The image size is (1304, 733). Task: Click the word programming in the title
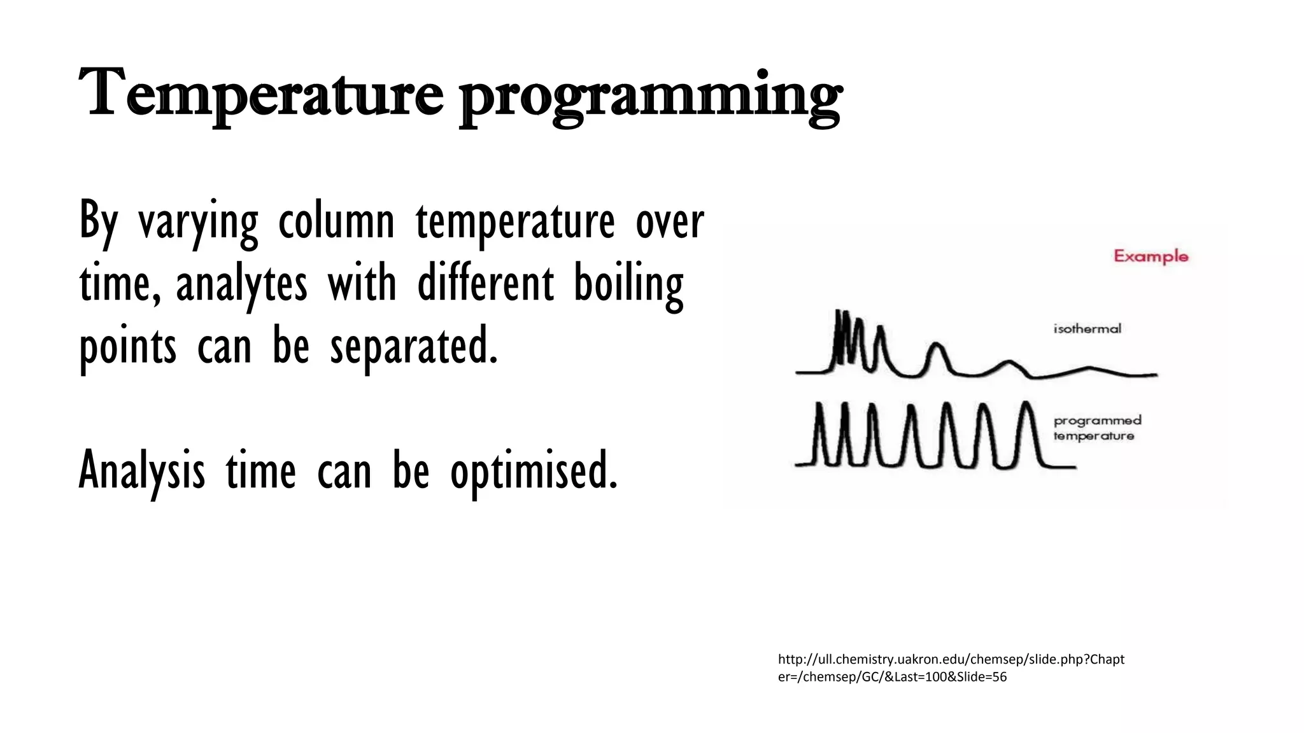(x=651, y=99)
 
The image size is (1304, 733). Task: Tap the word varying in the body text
(x=198, y=223)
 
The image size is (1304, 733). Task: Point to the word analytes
(x=241, y=284)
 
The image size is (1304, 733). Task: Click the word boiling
(x=628, y=284)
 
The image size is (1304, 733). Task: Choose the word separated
(x=414, y=346)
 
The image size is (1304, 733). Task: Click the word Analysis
(x=142, y=471)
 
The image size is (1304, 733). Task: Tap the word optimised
(x=534, y=471)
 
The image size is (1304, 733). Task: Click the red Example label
(x=1151, y=256)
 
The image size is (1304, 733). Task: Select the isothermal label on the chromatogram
(x=1087, y=329)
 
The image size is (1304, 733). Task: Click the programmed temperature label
(x=1097, y=428)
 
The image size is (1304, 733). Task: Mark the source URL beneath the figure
(x=951, y=667)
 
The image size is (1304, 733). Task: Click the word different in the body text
(x=485, y=284)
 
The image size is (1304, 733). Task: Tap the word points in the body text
(x=127, y=347)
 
